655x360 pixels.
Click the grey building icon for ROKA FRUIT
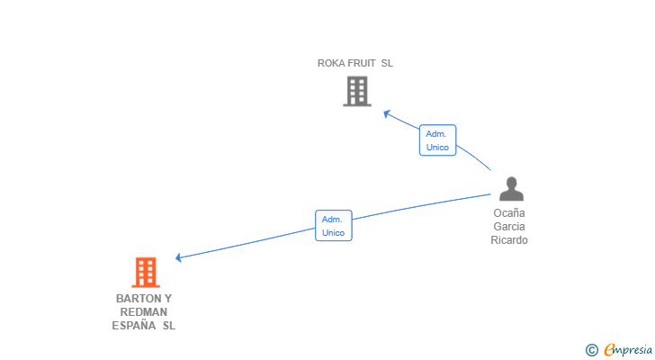click(x=357, y=91)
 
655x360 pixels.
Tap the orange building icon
click(x=146, y=273)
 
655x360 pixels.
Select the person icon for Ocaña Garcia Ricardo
click(x=511, y=189)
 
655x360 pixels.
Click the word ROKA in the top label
click(x=331, y=63)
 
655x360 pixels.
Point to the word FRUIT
click(x=362, y=63)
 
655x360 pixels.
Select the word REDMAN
click(x=144, y=312)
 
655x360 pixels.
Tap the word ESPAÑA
click(x=134, y=325)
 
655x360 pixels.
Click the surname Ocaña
click(x=509, y=213)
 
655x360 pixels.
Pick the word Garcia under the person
click(x=509, y=227)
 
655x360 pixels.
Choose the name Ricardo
click(x=509, y=240)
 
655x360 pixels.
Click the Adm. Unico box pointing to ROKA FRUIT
click(x=437, y=140)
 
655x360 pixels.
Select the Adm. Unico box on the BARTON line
click(x=333, y=226)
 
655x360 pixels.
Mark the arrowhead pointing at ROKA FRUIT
click(x=386, y=113)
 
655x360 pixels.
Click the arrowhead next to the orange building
click(x=178, y=257)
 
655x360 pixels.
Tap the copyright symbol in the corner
click(x=591, y=350)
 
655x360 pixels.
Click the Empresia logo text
click(x=628, y=350)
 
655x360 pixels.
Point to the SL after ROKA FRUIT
click(x=387, y=63)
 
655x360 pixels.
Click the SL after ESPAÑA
click(x=169, y=325)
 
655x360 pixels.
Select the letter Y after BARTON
click(x=168, y=299)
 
